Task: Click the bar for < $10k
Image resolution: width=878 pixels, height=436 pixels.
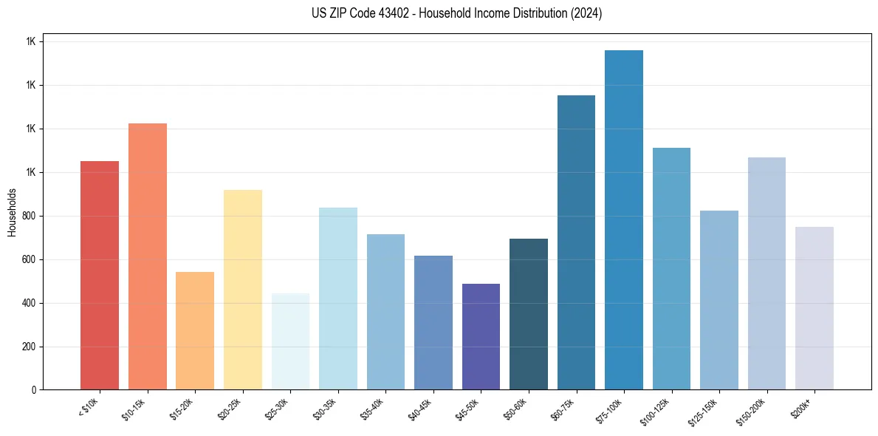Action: point(100,275)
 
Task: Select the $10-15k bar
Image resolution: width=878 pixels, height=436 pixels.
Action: point(147,256)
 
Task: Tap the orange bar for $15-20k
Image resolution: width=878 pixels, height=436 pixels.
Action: point(195,330)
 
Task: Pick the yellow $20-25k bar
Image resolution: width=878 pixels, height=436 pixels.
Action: point(243,290)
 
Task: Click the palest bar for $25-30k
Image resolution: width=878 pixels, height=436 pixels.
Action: point(290,341)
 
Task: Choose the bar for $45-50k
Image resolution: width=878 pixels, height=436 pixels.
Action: point(481,336)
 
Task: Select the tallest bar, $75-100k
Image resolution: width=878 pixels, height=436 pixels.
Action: point(624,219)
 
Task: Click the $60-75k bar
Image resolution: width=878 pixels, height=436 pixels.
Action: point(576,242)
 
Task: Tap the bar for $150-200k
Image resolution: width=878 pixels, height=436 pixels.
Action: point(766,273)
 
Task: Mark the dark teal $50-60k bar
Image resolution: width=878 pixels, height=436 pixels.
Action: point(529,314)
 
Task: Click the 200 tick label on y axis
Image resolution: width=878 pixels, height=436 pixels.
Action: point(30,347)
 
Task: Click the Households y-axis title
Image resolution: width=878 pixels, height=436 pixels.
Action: point(12,212)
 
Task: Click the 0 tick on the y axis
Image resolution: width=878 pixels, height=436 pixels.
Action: point(34,390)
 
